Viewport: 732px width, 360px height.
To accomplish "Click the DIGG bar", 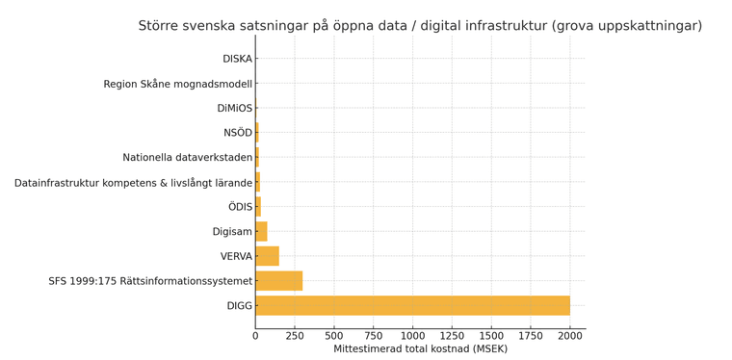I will coord(412,306).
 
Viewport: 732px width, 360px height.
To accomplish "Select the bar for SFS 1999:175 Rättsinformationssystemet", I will coord(279,281).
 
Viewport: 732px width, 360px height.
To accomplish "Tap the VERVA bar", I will coord(267,256).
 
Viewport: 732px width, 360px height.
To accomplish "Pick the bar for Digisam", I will coord(261,231).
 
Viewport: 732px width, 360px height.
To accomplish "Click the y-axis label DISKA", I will coord(237,59).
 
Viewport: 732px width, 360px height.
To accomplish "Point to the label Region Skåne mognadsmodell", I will coord(177,84).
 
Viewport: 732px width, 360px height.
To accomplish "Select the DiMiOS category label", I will coord(234,109).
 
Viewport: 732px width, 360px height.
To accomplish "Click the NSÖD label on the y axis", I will coord(237,133).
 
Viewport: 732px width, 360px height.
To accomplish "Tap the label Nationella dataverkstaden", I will coord(187,158).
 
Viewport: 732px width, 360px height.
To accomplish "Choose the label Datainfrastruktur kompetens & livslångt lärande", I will coord(133,183).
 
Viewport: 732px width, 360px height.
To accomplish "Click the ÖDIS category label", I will coord(240,207).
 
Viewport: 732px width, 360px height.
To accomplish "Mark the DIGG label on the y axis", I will coord(239,306).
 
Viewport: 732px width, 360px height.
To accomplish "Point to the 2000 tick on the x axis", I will coord(570,335).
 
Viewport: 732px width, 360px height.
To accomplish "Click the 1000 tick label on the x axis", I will coord(412,335).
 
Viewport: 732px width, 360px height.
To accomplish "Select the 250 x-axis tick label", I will coord(295,335).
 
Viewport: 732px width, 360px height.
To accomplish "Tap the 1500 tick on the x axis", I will coord(491,335).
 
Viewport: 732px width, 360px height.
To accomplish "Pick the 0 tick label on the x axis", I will coord(255,335).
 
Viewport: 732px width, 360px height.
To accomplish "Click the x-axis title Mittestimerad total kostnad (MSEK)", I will coord(420,348).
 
